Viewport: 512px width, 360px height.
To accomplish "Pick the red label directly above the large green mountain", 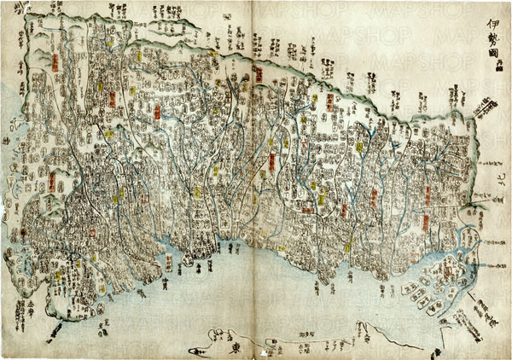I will pos(52,182).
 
